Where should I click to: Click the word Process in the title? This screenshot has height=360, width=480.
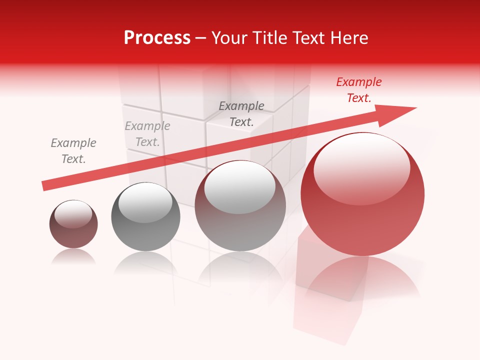pyautogui.click(x=157, y=38)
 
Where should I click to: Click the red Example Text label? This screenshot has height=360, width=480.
pyautogui.click(x=358, y=90)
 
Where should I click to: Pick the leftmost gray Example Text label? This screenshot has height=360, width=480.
pyautogui.click(x=73, y=151)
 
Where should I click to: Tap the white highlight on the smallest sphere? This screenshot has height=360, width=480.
pyautogui.click(x=73, y=214)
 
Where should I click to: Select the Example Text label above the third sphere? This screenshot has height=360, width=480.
pyautogui.click(x=241, y=114)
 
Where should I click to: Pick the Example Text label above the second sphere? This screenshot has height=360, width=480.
pyautogui.click(x=147, y=134)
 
